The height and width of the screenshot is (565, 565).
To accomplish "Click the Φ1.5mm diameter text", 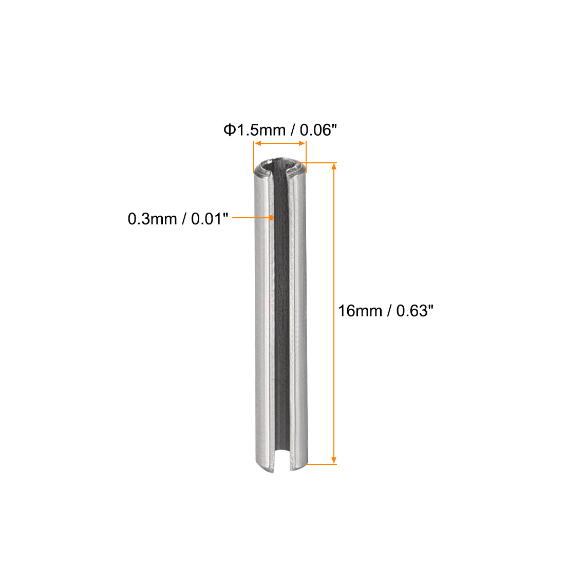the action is pyautogui.click(x=254, y=130).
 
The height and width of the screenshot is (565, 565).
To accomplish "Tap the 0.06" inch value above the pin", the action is pyautogui.click(x=318, y=130).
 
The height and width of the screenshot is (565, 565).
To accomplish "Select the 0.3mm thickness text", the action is pyautogui.click(x=152, y=219).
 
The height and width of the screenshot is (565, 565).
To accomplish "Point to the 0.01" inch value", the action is pyautogui.click(x=210, y=219).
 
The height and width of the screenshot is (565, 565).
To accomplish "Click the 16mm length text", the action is pyautogui.click(x=360, y=311).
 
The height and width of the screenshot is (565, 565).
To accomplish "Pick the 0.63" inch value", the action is pyautogui.click(x=415, y=311).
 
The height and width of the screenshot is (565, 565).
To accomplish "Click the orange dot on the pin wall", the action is pyautogui.click(x=271, y=218).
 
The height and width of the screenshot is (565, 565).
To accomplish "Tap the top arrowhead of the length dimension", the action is pyautogui.click(x=334, y=166).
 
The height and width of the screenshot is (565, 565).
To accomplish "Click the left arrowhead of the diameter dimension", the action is pyautogui.click(x=258, y=143).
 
